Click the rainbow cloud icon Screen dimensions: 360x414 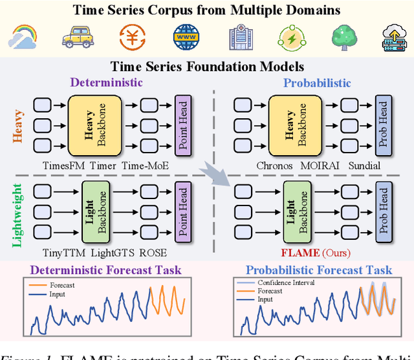(x=23, y=37)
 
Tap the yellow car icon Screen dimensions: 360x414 (x=77, y=37)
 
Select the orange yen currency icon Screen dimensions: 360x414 (x=132, y=37)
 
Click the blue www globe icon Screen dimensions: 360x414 (x=186, y=37)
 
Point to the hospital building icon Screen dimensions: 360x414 (x=239, y=37)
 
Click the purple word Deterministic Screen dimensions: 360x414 (x=107, y=83)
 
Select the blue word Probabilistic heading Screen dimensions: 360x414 (x=317, y=83)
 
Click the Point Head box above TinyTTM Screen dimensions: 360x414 (x=182, y=209)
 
